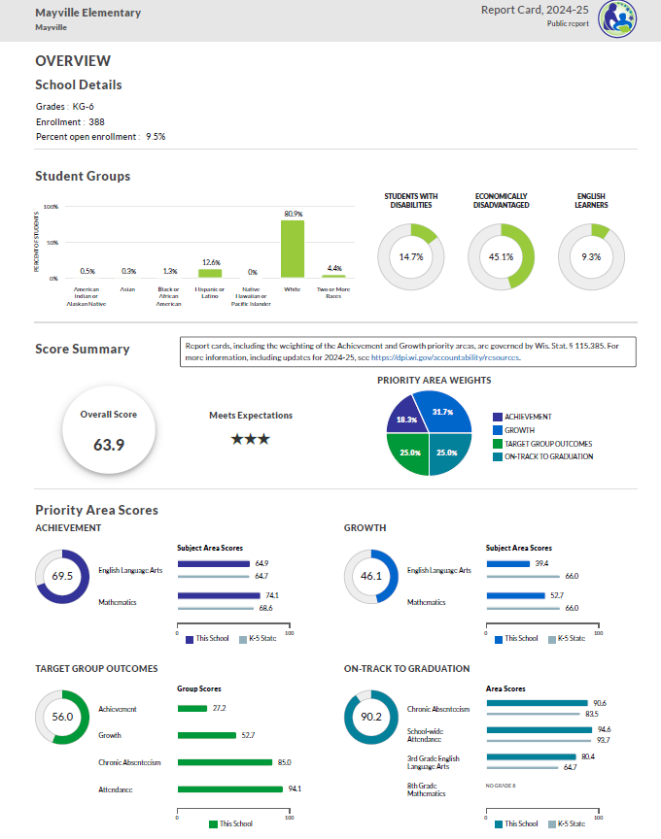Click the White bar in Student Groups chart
293,250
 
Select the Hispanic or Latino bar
210,273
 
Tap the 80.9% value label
293,214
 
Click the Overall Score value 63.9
109,445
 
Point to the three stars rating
250,439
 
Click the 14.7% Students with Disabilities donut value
410,257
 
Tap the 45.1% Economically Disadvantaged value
501,257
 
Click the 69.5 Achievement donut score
63,576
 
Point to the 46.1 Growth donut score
371,576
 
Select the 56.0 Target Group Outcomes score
63,717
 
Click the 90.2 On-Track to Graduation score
371,718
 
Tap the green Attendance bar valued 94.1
230,789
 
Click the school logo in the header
617,18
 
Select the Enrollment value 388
96,121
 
